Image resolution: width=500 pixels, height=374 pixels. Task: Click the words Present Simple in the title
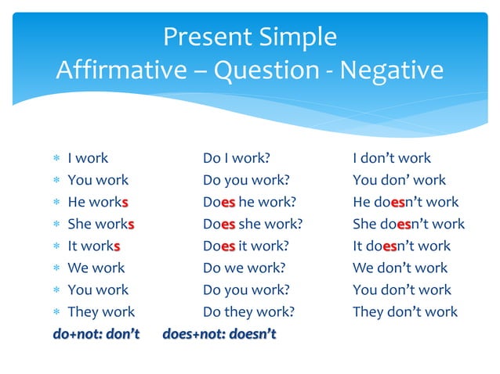(249, 36)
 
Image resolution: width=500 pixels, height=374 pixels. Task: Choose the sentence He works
(98, 202)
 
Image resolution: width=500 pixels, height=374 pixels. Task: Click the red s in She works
(131, 224)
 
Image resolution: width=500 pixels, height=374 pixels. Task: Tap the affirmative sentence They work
(101, 311)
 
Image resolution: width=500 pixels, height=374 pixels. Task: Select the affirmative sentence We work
(96, 268)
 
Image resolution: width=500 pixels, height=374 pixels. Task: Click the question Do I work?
(237, 158)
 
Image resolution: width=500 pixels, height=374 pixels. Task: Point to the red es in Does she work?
(228, 224)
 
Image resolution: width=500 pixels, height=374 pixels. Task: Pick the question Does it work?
(245, 246)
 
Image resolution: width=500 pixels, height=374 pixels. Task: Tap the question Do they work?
(248, 311)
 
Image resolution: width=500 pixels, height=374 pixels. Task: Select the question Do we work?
(245, 268)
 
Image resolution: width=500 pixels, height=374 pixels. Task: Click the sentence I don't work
(392, 158)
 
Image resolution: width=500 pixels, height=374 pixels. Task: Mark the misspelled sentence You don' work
(399, 180)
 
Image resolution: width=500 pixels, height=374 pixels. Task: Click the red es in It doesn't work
(391, 246)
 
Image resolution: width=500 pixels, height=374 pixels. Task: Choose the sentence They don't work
(404, 311)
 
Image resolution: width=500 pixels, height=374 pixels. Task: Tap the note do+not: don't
(96, 334)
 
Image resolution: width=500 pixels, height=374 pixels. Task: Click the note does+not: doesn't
(219, 334)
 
